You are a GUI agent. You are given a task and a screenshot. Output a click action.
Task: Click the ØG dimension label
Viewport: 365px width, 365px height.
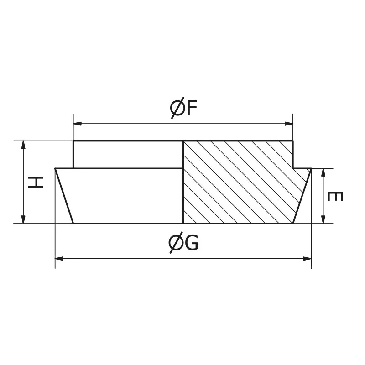[183, 244]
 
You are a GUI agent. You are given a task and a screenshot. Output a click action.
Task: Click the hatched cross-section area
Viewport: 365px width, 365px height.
[237, 182]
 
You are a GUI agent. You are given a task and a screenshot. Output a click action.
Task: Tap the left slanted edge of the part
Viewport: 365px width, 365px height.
[64, 196]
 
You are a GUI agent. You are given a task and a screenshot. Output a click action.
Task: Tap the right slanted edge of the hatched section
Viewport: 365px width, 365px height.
[302, 196]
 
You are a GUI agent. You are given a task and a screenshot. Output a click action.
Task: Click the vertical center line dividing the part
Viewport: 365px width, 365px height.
[183, 182]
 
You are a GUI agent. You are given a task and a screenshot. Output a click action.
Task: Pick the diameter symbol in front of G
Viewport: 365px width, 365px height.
[175, 244]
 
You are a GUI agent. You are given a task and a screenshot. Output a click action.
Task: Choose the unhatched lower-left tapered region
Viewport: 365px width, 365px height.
[123, 196]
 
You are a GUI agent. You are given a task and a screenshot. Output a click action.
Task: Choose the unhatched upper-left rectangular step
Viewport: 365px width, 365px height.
[128, 155]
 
